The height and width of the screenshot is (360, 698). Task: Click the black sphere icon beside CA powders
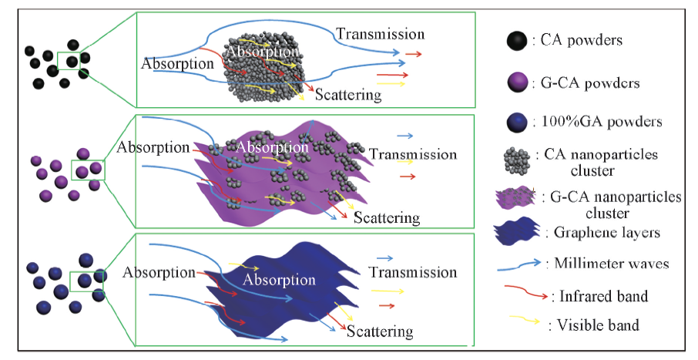click(x=515, y=41)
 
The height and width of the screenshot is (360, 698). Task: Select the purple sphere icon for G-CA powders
click(x=515, y=82)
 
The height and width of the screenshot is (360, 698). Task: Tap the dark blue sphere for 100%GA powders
click(x=515, y=123)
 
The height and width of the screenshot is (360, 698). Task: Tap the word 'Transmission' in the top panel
click(x=380, y=34)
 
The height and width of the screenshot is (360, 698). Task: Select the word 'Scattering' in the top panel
click(x=348, y=95)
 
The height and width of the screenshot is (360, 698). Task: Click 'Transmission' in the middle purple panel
click(x=413, y=154)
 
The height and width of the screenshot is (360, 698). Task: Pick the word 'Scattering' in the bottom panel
click(x=380, y=332)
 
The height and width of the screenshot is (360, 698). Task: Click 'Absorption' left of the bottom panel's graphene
click(x=159, y=272)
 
